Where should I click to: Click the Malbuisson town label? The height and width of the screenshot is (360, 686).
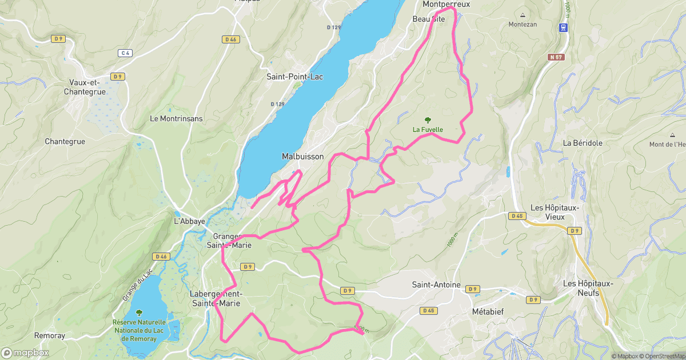point(302,157)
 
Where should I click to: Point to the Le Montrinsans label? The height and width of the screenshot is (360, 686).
point(176,119)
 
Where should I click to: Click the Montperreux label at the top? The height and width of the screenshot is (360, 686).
point(446,4)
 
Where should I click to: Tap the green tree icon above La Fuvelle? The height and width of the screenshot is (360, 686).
point(428,119)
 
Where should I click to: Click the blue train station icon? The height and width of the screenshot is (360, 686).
point(564,27)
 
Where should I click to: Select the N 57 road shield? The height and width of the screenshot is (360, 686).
point(555,57)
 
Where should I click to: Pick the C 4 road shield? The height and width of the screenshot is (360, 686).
point(125,53)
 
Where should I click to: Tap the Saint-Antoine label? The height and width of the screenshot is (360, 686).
point(436,285)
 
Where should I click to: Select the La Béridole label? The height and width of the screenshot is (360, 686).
point(583,143)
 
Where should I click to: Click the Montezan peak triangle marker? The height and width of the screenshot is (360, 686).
point(523,15)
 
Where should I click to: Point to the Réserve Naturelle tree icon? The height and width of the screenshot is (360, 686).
point(139,313)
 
